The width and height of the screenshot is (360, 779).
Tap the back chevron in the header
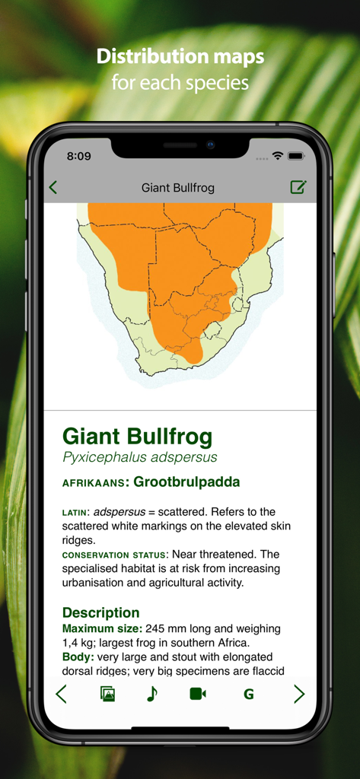(x=53, y=187)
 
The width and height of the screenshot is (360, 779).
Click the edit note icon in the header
(x=298, y=187)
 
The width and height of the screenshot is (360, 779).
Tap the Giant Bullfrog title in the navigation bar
(x=178, y=187)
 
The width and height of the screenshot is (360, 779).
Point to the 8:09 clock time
(x=78, y=156)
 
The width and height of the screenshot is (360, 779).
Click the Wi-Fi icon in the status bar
(x=278, y=156)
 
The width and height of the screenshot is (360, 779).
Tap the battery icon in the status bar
(x=296, y=156)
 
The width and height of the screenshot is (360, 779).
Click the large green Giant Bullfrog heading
(x=137, y=437)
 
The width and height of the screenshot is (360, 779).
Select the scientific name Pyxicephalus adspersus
(x=139, y=457)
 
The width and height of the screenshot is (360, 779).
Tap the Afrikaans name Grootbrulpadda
(x=186, y=482)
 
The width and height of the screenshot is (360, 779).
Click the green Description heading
(x=100, y=612)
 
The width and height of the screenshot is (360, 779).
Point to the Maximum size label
(x=102, y=629)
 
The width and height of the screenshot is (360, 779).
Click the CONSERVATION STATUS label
(x=114, y=555)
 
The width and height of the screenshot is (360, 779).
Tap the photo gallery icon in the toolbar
(x=107, y=694)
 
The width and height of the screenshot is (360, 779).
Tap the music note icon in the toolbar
(x=152, y=694)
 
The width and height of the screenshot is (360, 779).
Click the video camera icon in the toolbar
(x=198, y=694)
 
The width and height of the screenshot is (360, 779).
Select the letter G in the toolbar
(x=248, y=694)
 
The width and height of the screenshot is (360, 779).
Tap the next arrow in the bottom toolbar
(x=299, y=694)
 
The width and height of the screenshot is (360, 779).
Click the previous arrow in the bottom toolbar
(x=62, y=694)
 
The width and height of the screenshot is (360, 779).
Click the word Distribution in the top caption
(x=153, y=56)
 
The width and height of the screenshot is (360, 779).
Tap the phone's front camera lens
(x=211, y=145)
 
